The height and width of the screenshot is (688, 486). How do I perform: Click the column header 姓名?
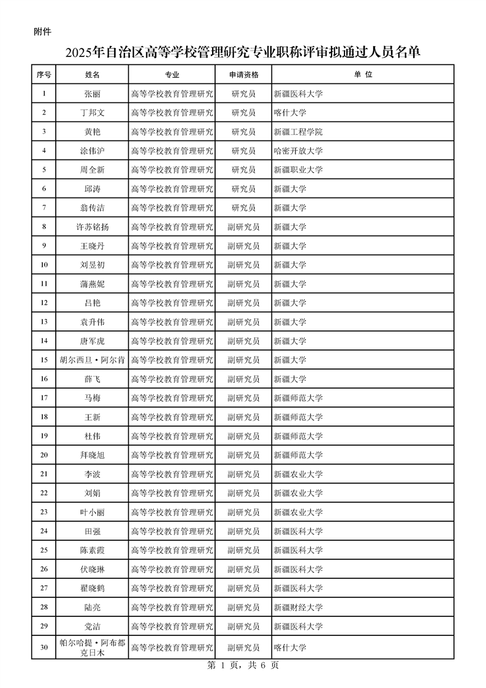[92, 75]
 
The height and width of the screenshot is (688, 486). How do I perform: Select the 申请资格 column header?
[243, 75]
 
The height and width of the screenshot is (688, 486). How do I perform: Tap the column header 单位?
[363, 75]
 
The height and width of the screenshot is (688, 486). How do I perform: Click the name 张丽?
[92, 94]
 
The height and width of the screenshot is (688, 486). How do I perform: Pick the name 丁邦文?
[92, 113]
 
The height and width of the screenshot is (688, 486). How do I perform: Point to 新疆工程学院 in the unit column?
[298, 132]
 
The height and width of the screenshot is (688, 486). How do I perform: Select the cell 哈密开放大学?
[298, 151]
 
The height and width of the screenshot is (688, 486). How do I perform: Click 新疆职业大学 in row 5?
[298, 170]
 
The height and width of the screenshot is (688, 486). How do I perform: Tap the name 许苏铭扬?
[92, 227]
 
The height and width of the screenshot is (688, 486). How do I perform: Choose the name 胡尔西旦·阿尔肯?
[92, 360]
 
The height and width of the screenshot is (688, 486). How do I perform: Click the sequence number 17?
[44, 398]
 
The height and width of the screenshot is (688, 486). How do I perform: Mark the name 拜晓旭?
[92, 455]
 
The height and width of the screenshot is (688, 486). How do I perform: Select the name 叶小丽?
[92, 512]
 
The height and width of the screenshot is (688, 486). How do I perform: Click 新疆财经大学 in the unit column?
[298, 607]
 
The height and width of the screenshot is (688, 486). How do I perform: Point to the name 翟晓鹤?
[92, 588]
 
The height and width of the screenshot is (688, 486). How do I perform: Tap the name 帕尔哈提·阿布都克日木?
[92, 648]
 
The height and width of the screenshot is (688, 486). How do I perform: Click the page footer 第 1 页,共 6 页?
[243, 666]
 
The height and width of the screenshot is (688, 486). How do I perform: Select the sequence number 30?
[44, 648]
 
